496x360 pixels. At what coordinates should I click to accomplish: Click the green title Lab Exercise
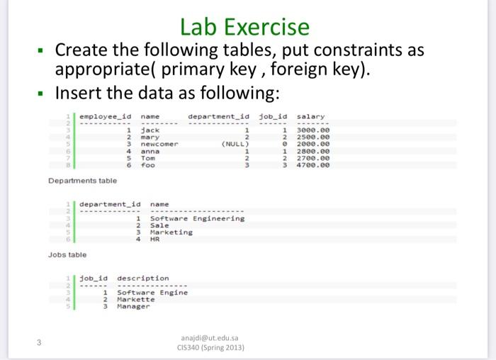(244, 27)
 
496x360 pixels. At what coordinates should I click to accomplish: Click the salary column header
(310, 117)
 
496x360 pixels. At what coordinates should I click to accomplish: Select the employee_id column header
(106, 117)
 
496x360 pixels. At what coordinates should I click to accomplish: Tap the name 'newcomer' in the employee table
(159, 144)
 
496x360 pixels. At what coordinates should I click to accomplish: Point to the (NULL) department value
(235, 144)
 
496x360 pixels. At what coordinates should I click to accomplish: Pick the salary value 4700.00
(313, 165)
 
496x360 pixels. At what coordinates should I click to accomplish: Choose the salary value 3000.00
(313, 130)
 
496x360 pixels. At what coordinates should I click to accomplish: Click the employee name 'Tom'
(148, 158)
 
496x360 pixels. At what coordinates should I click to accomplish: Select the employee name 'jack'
(150, 130)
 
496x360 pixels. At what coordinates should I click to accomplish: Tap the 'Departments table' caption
(83, 181)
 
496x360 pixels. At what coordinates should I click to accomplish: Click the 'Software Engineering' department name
(198, 218)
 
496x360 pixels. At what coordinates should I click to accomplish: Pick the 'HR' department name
(155, 239)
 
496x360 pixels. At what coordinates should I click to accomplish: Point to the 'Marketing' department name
(171, 232)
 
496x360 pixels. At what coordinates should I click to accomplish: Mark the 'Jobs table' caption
(67, 254)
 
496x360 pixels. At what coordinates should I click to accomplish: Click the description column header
(143, 279)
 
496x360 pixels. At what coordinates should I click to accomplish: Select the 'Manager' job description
(133, 306)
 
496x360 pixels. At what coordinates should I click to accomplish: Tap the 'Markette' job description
(136, 299)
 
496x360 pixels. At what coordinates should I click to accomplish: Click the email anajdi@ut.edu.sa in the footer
(210, 338)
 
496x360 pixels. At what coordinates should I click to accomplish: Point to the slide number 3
(39, 342)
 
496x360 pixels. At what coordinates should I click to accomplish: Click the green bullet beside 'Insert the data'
(40, 94)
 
